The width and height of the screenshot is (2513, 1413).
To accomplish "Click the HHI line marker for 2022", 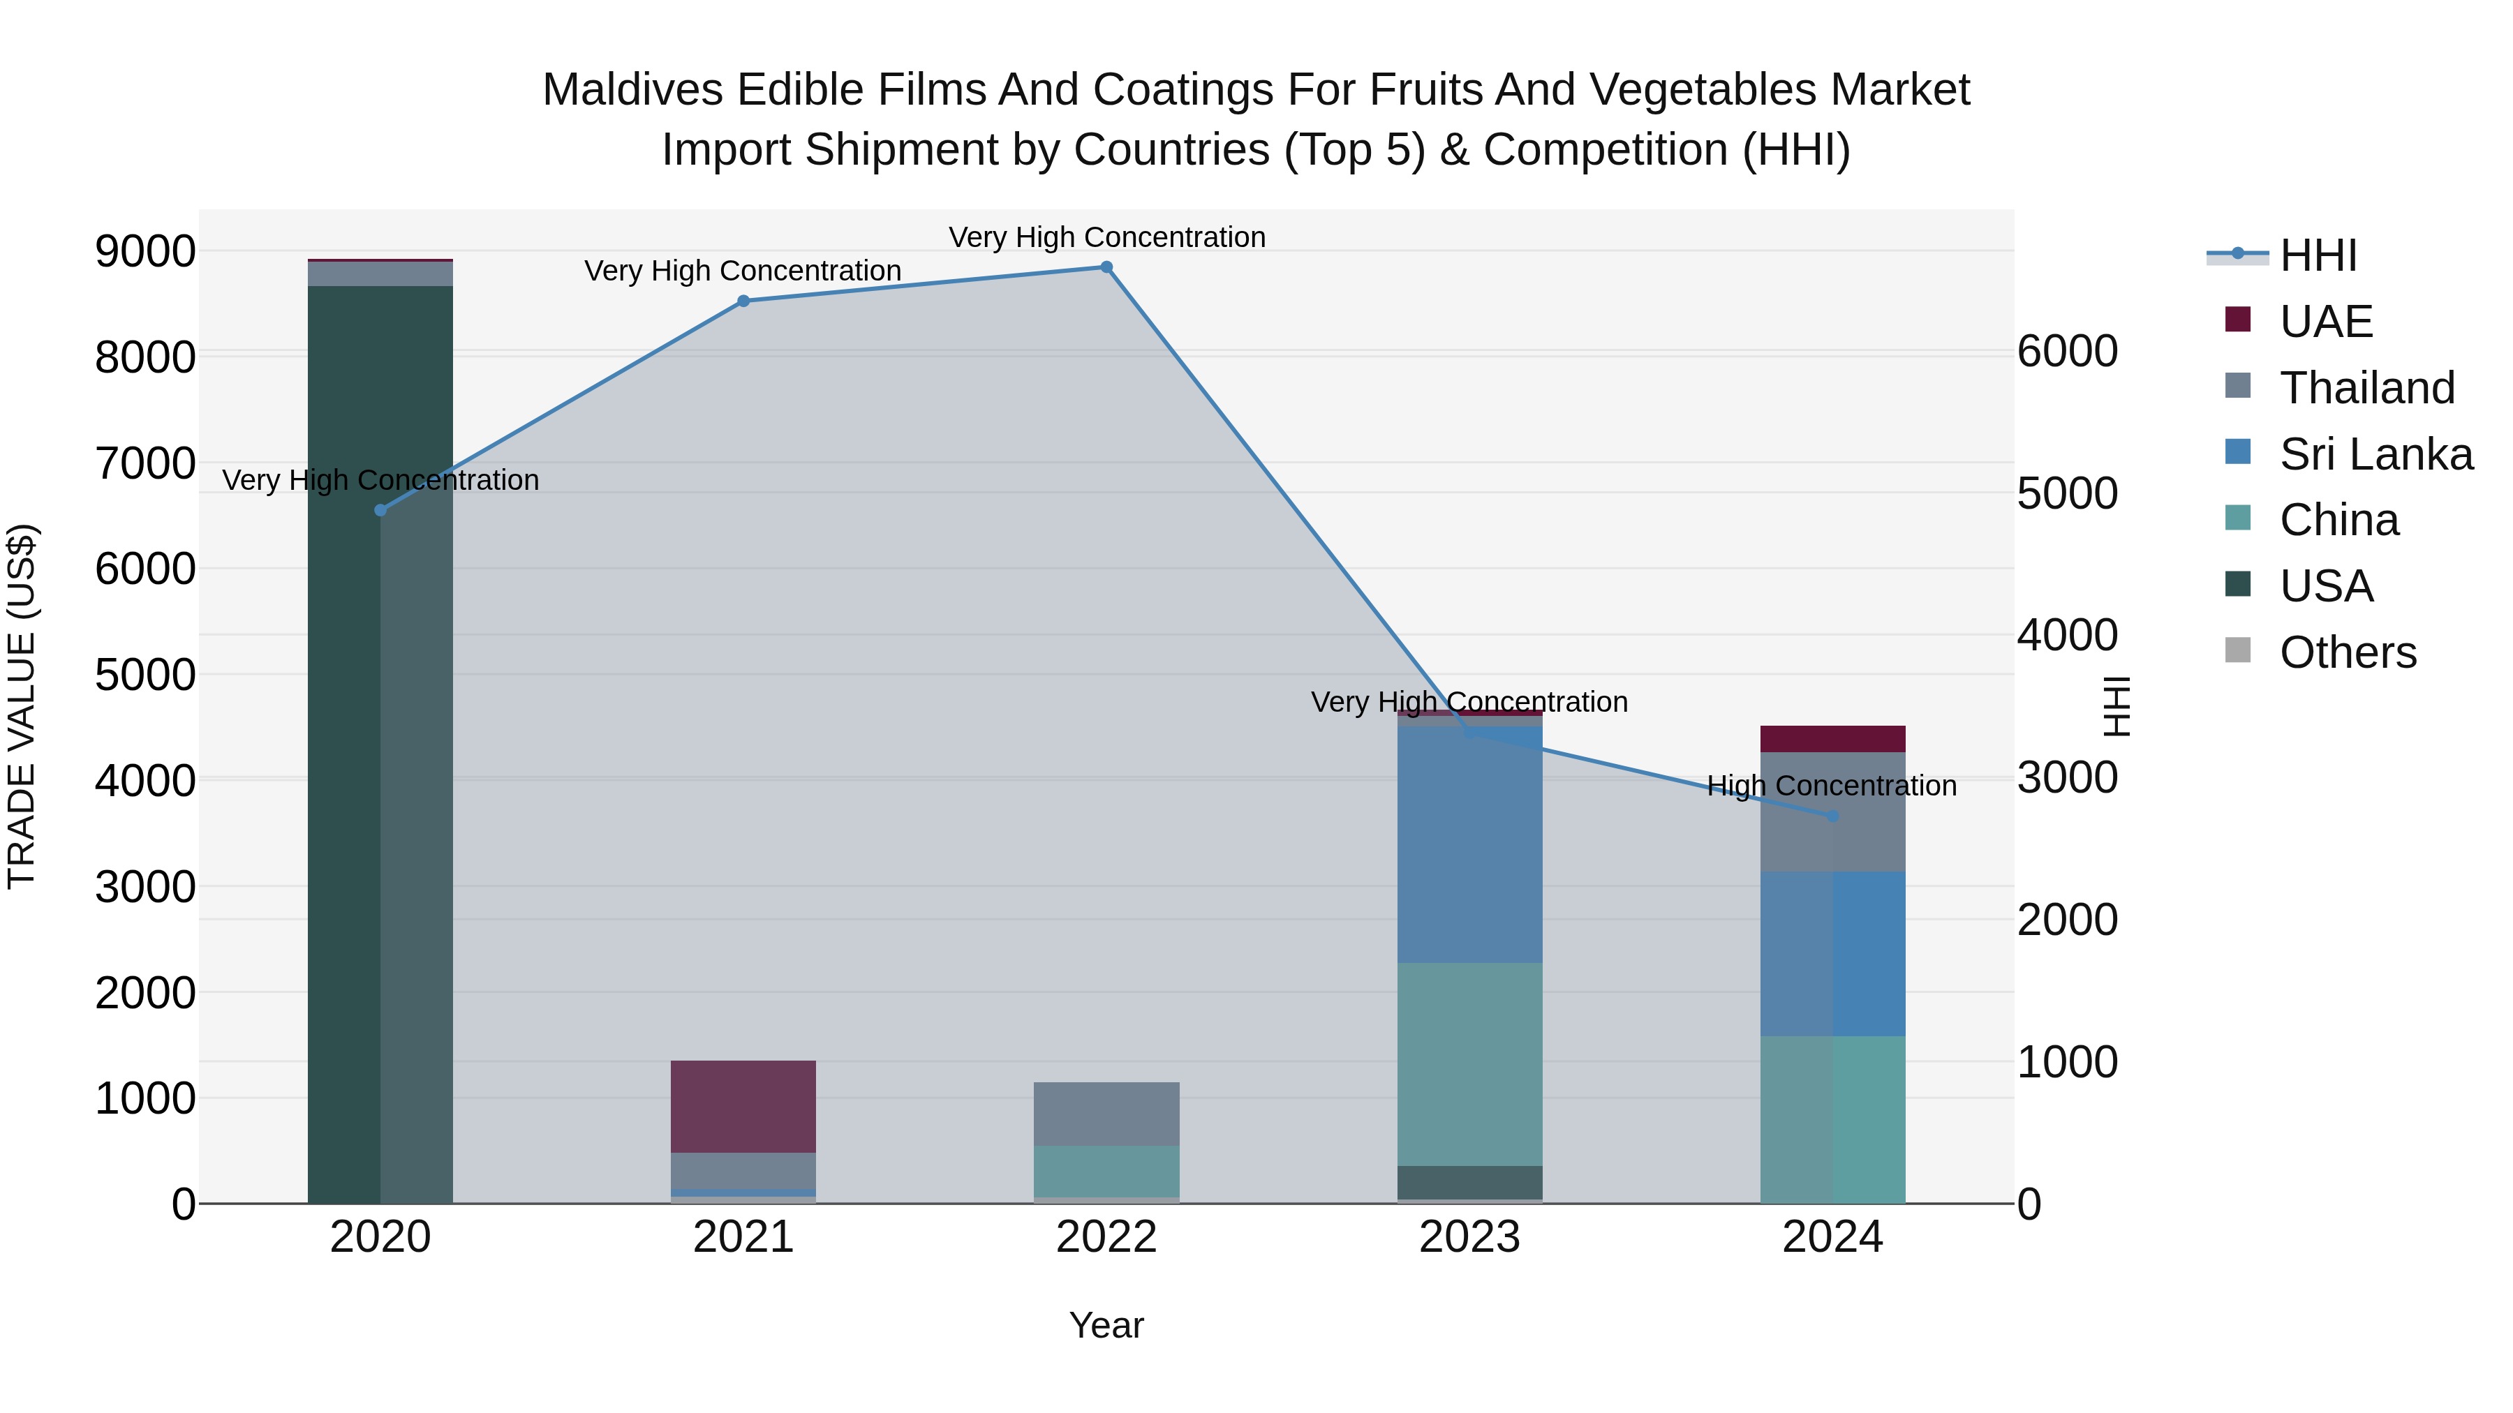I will pyautogui.click(x=1106, y=267).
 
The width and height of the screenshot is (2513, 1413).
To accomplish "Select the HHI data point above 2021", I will pyautogui.click(x=743, y=301).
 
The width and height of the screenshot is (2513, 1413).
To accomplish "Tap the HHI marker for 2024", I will pyautogui.click(x=1832, y=816).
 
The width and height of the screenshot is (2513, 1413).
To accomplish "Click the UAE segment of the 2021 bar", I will pyautogui.click(x=743, y=1106).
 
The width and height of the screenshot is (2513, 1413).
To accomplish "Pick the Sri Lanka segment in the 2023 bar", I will pyautogui.click(x=1469, y=844).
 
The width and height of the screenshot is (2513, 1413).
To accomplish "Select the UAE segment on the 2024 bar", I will pyautogui.click(x=1832, y=738).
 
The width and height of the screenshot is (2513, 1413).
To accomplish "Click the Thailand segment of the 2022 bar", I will pyautogui.click(x=1106, y=1114).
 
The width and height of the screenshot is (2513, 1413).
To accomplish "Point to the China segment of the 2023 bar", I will pyautogui.click(x=1469, y=1064).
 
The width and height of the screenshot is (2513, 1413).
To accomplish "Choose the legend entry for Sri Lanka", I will pyautogui.click(x=2375, y=454).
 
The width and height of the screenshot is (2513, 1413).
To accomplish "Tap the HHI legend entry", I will pyautogui.click(x=2318, y=255).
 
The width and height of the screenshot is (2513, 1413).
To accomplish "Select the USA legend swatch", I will pyautogui.click(x=2238, y=585).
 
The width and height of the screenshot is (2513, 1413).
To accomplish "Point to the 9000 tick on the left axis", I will pyautogui.click(x=144, y=252).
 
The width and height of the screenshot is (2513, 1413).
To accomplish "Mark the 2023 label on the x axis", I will pyautogui.click(x=1469, y=1237).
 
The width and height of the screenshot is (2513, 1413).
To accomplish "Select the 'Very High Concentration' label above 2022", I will pyautogui.click(x=1106, y=237).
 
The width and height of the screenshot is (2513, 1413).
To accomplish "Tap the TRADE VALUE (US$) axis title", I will pyautogui.click(x=22, y=706).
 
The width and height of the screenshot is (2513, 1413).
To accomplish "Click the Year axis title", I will pyautogui.click(x=1106, y=1325).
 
